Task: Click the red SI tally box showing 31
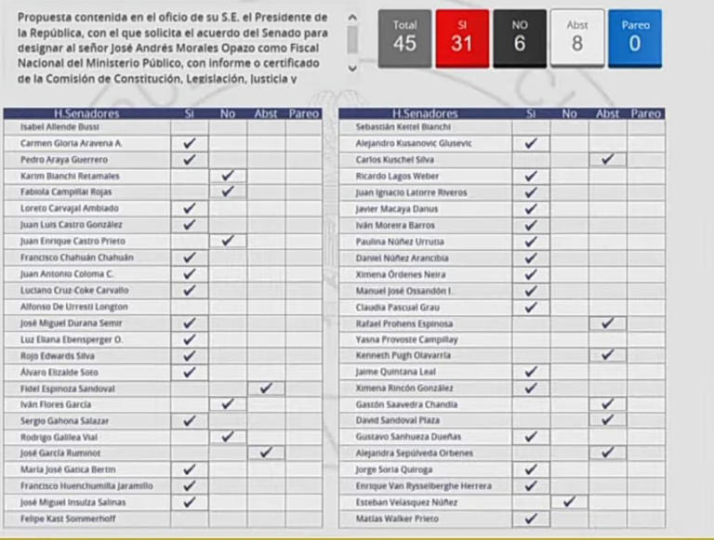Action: coord(462,38)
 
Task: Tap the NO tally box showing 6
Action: coord(520,38)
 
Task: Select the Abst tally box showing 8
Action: coord(577,38)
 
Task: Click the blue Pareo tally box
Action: coord(635,38)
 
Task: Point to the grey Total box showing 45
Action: coord(404,38)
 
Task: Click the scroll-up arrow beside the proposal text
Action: coord(352,18)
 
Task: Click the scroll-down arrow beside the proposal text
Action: coord(352,68)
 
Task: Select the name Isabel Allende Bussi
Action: coord(59,126)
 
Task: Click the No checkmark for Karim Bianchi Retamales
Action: coord(228,175)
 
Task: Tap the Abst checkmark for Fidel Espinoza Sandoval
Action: coord(266,388)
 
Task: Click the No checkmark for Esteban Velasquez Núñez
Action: coord(570,502)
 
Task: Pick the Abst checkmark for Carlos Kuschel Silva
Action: coord(608,159)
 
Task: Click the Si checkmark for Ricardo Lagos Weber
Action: coord(531,176)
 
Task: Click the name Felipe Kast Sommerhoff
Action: coord(68,519)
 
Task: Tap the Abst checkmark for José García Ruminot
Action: coord(266,453)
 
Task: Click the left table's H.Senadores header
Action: coord(86,113)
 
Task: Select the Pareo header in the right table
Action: coord(645,113)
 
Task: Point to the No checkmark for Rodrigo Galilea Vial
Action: coord(228,436)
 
